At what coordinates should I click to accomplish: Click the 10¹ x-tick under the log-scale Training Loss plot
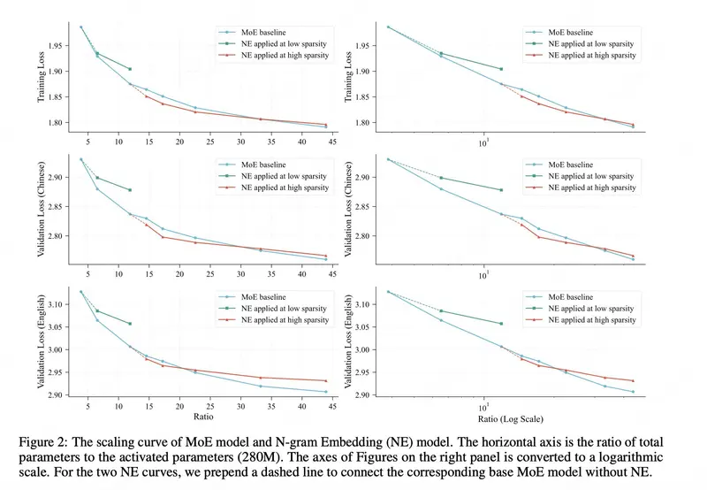coord(484,143)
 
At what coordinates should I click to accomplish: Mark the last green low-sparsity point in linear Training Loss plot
coord(130,69)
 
